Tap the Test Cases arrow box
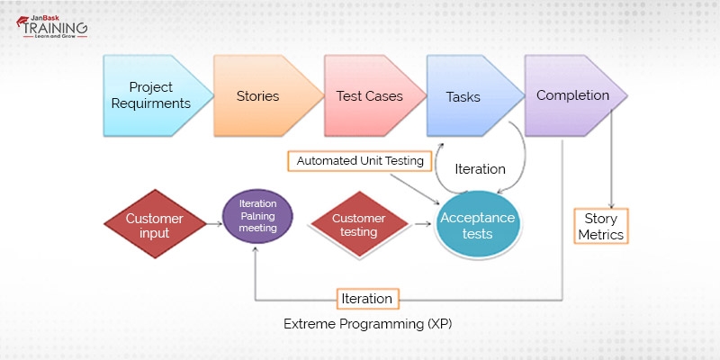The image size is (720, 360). coord(369,95)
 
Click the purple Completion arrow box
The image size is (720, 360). coord(572,95)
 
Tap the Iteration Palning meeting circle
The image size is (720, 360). coord(257,217)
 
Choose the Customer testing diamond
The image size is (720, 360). coord(359,225)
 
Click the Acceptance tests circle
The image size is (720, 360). coord(478,226)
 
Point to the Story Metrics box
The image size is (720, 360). coord(600,226)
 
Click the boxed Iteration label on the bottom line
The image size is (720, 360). coord(367,298)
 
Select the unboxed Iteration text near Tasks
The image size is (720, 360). coord(480,168)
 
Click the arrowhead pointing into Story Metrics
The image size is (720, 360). coord(613,205)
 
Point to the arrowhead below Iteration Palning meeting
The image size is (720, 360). coord(256,254)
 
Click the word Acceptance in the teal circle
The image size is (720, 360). coord(477,218)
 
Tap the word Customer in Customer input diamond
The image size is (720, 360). coord(154,219)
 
